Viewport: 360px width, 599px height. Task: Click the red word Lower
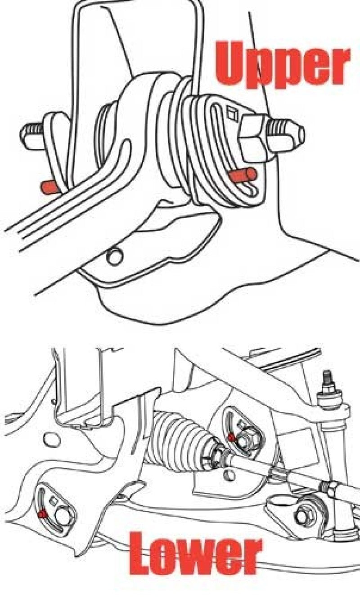pyautogui.click(x=197, y=554)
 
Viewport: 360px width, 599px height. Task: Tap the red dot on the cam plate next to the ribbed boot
pyautogui.click(x=231, y=437)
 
